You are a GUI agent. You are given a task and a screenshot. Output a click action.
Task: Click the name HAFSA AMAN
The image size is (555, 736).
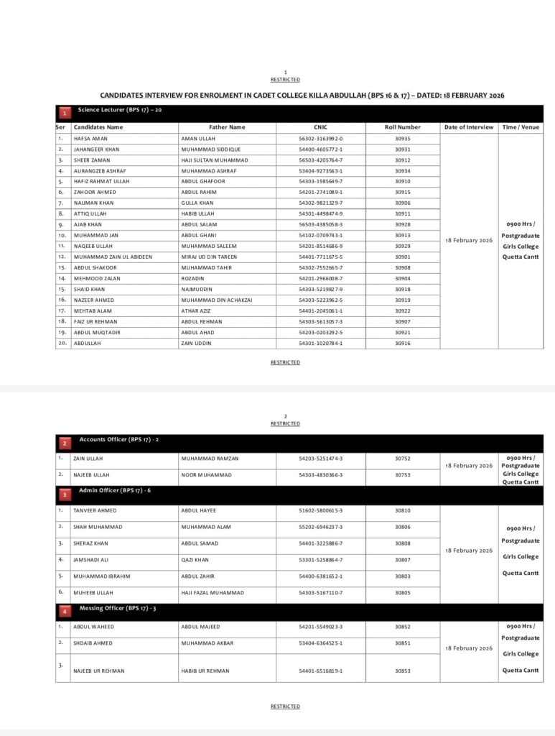pos(90,138)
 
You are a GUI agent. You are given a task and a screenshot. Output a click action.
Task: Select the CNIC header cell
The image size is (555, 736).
pos(320,127)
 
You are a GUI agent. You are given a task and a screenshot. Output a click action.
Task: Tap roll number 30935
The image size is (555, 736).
pos(403,138)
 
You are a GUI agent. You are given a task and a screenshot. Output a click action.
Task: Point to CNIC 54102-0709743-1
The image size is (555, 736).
pos(321,235)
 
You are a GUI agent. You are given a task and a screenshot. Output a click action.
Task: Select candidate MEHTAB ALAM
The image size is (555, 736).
pos(92,310)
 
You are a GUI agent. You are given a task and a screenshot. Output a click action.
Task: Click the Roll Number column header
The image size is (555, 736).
pos(403,127)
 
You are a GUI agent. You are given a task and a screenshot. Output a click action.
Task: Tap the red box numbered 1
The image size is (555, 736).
pos(65,113)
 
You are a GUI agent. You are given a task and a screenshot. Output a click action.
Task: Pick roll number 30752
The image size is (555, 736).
pos(403,458)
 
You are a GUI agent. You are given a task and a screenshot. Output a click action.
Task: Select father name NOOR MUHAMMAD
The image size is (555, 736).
pos(207,474)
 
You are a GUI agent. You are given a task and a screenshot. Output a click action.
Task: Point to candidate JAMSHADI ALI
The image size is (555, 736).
pos(92,559)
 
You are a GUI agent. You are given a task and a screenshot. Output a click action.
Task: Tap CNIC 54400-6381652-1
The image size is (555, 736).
pos(321,576)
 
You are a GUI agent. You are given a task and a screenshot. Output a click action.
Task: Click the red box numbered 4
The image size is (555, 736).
pos(65,612)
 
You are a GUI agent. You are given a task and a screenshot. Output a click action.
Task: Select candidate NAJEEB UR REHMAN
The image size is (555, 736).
pos(99,671)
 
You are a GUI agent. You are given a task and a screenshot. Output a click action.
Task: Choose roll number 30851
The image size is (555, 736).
pos(403,643)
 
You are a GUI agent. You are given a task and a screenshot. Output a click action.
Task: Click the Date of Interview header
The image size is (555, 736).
pos(469,127)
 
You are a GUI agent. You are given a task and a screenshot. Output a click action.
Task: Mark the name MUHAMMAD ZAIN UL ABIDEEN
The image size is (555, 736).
pos(113,257)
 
